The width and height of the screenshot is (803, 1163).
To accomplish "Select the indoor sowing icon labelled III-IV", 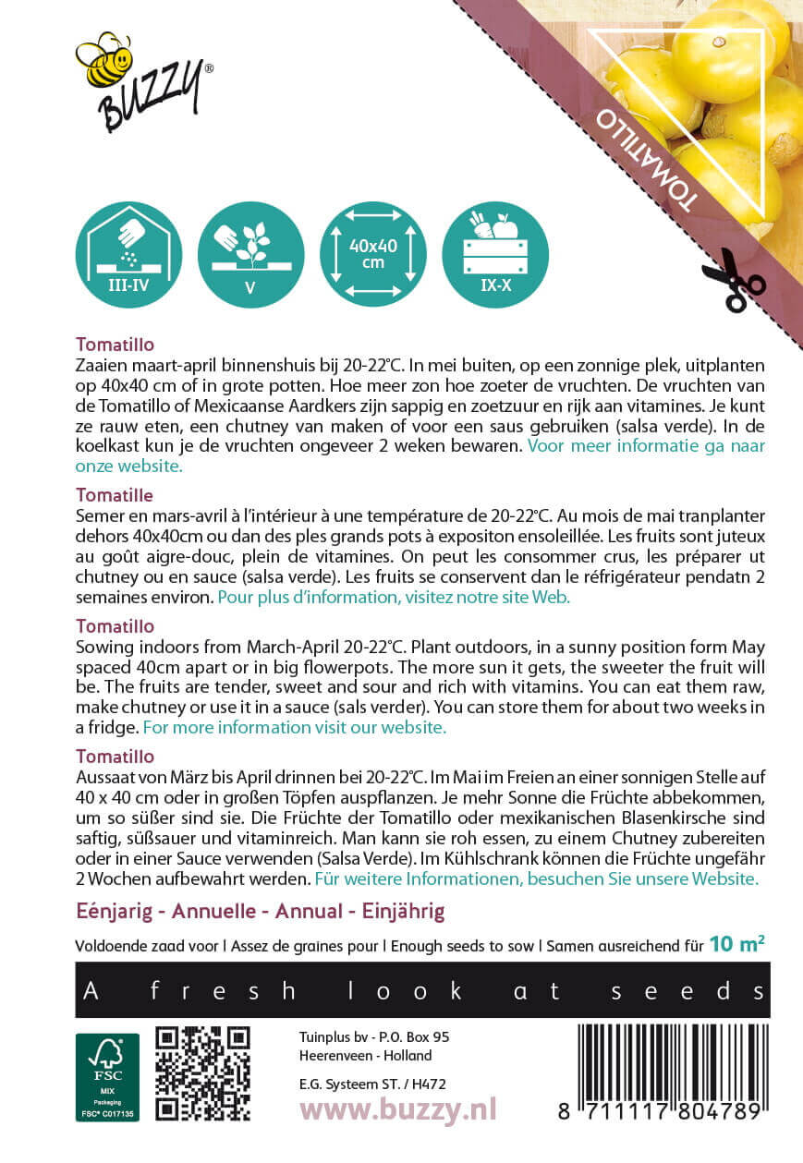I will pyautogui.click(x=128, y=254).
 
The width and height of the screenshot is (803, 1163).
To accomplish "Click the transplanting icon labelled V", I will pyautogui.click(x=249, y=254).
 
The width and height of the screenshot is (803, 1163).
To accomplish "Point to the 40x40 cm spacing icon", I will pyautogui.click(x=372, y=254).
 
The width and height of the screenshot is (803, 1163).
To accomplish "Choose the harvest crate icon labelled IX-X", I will pyautogui.click(x=495, y=254).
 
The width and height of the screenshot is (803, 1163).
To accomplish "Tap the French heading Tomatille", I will pyautogui.click(x=115, y=495).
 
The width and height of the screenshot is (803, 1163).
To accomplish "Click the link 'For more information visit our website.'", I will pyautogui.click(x=295, y=727).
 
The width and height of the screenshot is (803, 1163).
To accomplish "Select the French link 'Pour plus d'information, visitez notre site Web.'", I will pyautogui.click(x=394, y=597).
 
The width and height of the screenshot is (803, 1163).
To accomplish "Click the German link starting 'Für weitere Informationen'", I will pyautogui.click(x=537, y=878).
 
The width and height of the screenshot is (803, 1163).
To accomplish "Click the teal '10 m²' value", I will pyautogui.click(x=736, y=944).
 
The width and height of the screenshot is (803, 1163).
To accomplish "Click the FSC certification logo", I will pyautogui.click(x=107, y=1077).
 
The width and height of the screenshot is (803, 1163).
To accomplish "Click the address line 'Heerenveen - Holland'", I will pyautogui.click(x=365, y=1055).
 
